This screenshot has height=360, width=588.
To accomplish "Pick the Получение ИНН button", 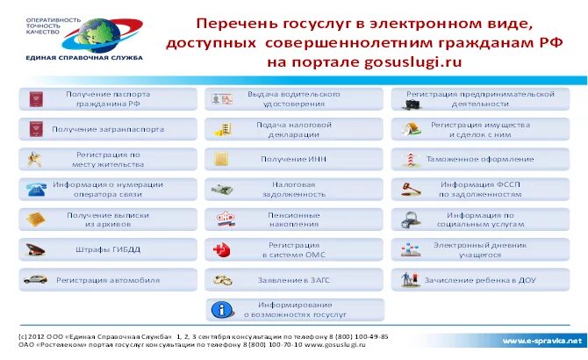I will (294, 159).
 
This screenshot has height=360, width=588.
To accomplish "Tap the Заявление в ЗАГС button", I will (294, 280).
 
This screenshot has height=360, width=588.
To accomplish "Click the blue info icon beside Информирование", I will (224, 309).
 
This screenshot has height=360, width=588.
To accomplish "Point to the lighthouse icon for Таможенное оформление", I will (410, 159).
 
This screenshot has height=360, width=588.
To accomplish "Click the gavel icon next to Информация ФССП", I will (410, 189).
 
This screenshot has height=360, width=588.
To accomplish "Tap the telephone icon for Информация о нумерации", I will (36, 189).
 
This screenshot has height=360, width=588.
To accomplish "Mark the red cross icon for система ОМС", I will (223, 249).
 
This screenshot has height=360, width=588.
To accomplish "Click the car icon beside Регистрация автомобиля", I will (36, 280).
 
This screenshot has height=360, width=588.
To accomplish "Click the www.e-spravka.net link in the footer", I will (541, 340).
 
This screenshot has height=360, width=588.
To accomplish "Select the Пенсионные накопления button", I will (294, 220).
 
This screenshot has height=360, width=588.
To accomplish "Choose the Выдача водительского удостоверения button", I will (294, 98).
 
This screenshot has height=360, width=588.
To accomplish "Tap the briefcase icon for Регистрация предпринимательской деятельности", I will (410, 99).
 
